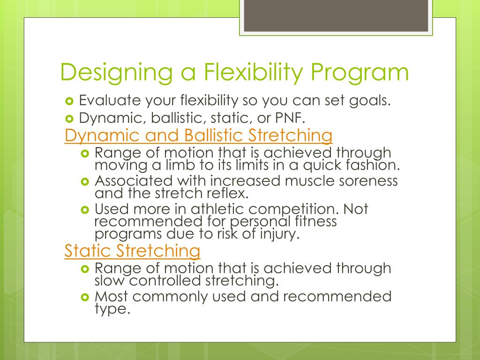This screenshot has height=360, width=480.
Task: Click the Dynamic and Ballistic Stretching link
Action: click(x=198, y=135)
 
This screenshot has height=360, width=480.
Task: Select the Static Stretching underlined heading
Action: click(x=132, y=250)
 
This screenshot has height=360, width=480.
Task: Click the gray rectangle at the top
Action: click(x=336, y=16)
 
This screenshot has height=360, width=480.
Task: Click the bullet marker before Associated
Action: click(x=85, y=181)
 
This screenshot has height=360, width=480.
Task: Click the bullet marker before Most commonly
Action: click(x=85, y=297)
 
